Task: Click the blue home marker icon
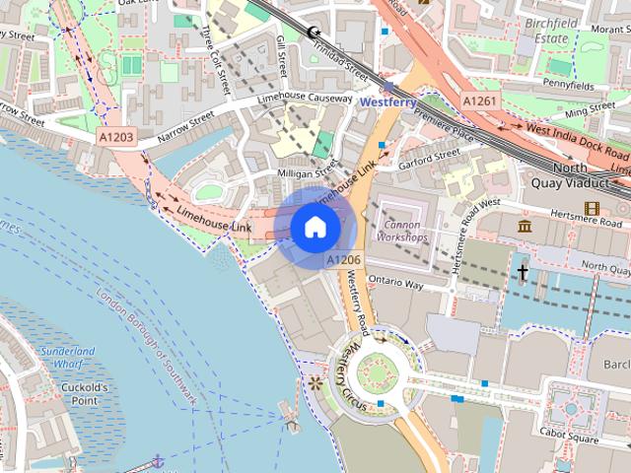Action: point(315,227)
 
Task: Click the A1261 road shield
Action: point(480,101)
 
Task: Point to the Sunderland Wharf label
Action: point(68,357)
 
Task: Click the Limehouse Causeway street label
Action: point(305,100)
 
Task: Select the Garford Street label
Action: point(429,155)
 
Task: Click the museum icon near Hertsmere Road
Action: point(525,228)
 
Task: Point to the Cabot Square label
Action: point(573,433)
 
